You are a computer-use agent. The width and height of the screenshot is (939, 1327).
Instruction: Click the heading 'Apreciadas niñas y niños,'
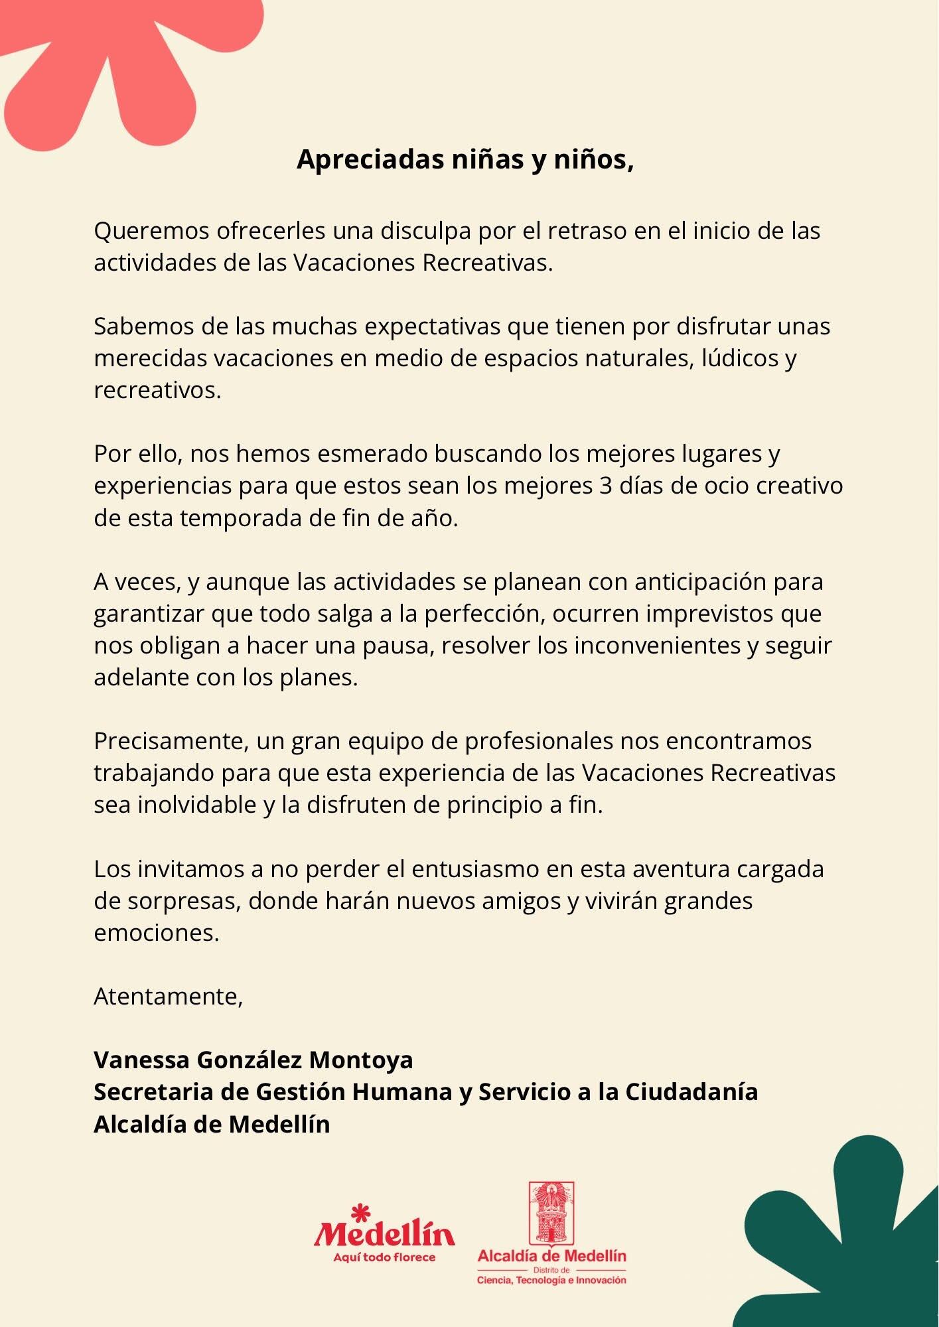465,160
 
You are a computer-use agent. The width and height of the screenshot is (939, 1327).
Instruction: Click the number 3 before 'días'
605,486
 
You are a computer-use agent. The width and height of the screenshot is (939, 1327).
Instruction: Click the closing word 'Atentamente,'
169,997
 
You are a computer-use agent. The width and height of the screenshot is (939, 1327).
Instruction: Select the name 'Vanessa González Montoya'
253,1060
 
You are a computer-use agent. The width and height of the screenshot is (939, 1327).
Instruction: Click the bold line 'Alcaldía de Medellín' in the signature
212,1124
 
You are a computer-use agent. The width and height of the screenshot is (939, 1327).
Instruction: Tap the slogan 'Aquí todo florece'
384,1257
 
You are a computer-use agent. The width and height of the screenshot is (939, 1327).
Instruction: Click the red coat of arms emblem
551,1214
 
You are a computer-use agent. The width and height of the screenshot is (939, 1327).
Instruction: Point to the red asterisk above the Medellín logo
360,1213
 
